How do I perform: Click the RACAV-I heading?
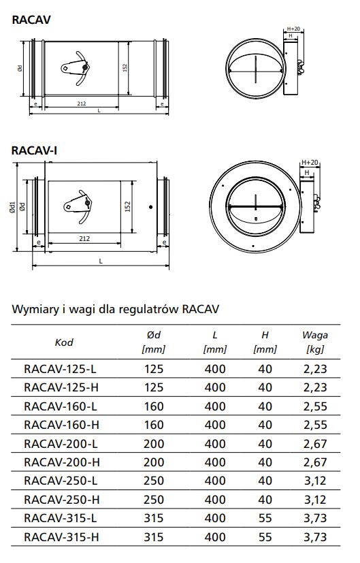pyautogui.click(x=34, y=150)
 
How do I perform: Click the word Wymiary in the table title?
pyautogui.click(x=35, y=310)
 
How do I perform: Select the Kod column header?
pyautogui.click(x=64, y=342)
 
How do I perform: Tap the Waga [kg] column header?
pyautogui.click(x=315, y=342)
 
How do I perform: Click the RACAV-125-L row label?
pyautogui.click(x=61, y=369)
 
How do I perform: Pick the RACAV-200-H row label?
pyautogui.click(x=62, y=462)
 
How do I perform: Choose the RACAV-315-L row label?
pyautogui.click(x=61, y=518)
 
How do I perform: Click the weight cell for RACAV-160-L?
pyautogui.click(x=315, y=406)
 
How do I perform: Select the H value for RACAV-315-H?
pyautogui.click(x=265, y=537)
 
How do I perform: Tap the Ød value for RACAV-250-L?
pyautogui.click(x=154, y=481)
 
